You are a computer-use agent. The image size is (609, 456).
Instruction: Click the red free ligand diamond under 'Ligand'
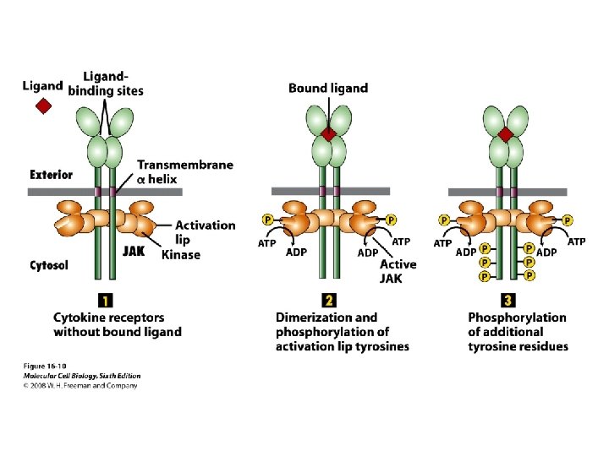coord(43,106)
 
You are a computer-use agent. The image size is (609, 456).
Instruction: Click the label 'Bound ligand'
coord(328,88)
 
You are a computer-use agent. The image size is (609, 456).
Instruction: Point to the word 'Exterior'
coord(52,175)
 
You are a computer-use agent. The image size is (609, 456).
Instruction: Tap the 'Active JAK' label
coord(398,271)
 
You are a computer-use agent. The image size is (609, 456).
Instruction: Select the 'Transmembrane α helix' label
coord(184,171)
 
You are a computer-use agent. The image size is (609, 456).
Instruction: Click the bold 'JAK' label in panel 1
coord(135,251)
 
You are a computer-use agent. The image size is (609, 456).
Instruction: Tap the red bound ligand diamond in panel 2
coord(329,133)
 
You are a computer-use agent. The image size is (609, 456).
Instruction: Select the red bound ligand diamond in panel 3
coord(505,133)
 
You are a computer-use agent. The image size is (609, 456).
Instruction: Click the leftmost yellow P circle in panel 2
coord(267,220)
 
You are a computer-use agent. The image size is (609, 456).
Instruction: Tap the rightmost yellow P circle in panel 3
coord(567,220)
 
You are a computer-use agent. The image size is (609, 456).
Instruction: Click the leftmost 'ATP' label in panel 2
coord(266,244)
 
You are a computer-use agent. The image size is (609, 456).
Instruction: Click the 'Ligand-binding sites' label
coord(106,84)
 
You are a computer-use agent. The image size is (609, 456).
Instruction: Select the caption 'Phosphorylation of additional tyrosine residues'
coord(518,332)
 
